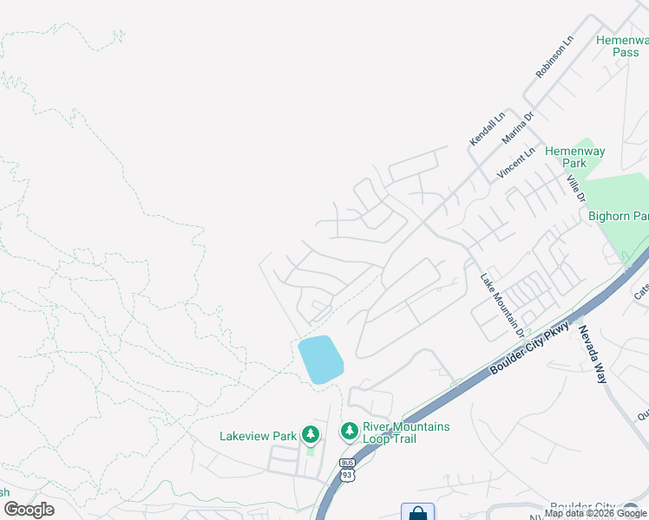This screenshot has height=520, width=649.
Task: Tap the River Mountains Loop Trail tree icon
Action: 349,431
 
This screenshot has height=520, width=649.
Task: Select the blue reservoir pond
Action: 319,360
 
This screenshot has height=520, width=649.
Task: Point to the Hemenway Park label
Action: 575,157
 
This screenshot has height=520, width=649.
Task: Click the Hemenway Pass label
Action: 622,46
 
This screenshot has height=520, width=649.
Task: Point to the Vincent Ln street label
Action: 510,162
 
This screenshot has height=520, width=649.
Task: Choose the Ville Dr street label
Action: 574,188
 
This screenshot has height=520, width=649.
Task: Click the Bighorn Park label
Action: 619,216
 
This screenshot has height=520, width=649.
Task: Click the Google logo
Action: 29,509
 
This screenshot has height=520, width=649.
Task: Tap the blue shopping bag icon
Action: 417,512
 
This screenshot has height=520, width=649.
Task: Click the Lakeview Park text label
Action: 259,436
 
